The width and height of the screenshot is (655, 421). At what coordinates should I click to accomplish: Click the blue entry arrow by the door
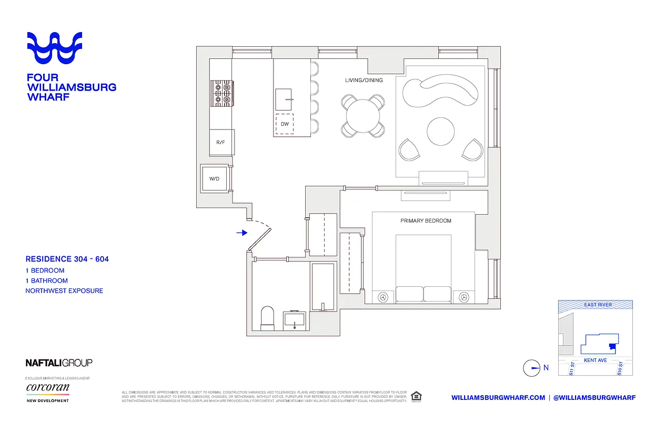pyautogui.click(x=241, y=233)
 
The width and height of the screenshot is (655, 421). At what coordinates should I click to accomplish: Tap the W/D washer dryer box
pyautogui.click(x=214, y=179)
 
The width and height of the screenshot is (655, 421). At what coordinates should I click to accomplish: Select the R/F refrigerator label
pyautogui.click(x=221, y=142)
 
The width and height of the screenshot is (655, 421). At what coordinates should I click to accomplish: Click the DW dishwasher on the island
pyautogui.click(x=285, y=124)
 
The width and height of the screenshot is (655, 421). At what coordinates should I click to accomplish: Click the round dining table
pyautogui.click(x=362, y=115)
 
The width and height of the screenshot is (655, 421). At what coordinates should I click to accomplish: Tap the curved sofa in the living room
pyautogui.click(x=441, y=93)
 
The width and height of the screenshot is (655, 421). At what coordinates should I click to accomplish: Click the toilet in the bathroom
pyautogui.click(x=268, y=318)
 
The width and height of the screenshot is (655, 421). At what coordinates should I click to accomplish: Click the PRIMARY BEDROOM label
pyautogui.click(x=426, y=221)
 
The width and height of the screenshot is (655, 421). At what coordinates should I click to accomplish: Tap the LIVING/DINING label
pyautogui.click(x=364, y=81)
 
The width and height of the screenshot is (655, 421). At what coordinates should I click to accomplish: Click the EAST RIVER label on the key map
pyautogui.click(x=597, y=305)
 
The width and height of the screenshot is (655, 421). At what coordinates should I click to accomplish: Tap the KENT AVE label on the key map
pyautogui.click(x=595, y=360)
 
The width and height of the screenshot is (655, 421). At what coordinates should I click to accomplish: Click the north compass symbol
pyautogui.click(x=532, y=368)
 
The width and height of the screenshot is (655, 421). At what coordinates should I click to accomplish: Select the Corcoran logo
pyautogui.click(x=47, y=388)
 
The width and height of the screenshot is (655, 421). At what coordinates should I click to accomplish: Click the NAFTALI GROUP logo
pyautogui.click(x=59, y=363)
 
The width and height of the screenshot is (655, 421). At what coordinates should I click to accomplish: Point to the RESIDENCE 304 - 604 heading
pyautogui.click(x=67, y=259)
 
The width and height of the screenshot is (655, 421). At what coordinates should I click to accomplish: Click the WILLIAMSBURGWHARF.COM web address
pyautogui.click(x=498, y=397)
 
